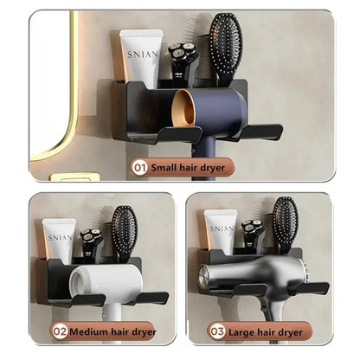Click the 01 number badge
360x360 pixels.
[139, 168]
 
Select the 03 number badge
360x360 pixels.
[216, 330]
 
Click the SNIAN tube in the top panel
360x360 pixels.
[141, 59]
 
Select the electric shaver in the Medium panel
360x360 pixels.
[91, 242]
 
